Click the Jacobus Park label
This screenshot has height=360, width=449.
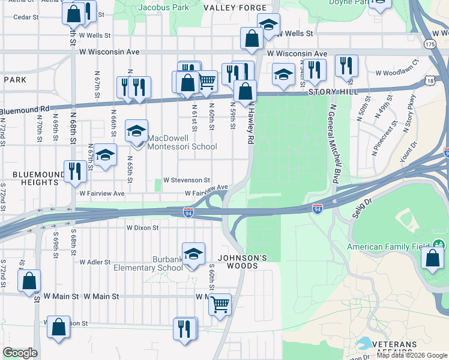(163, 7)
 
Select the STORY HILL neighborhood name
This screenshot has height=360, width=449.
(333, 92)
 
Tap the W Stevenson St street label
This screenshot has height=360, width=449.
(187, 180)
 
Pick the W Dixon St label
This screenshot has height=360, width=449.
(142, 228)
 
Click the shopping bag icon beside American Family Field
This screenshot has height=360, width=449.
(432, 259)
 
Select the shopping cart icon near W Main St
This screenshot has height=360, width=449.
(220, 304)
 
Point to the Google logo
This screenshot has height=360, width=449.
(20, 353)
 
